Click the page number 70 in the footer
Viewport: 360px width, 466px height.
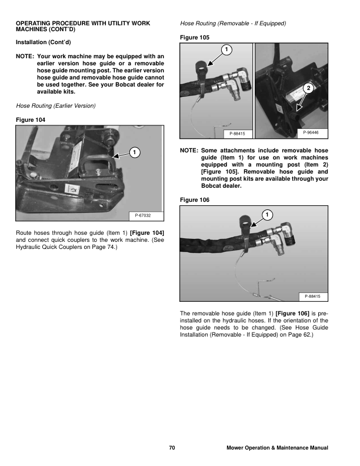(x=172, y=448)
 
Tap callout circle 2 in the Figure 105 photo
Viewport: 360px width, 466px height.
(x=308, y=88)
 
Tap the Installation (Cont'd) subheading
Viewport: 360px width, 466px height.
(x=45, y=42)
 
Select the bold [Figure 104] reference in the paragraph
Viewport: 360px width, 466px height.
(x=146, y=234)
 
